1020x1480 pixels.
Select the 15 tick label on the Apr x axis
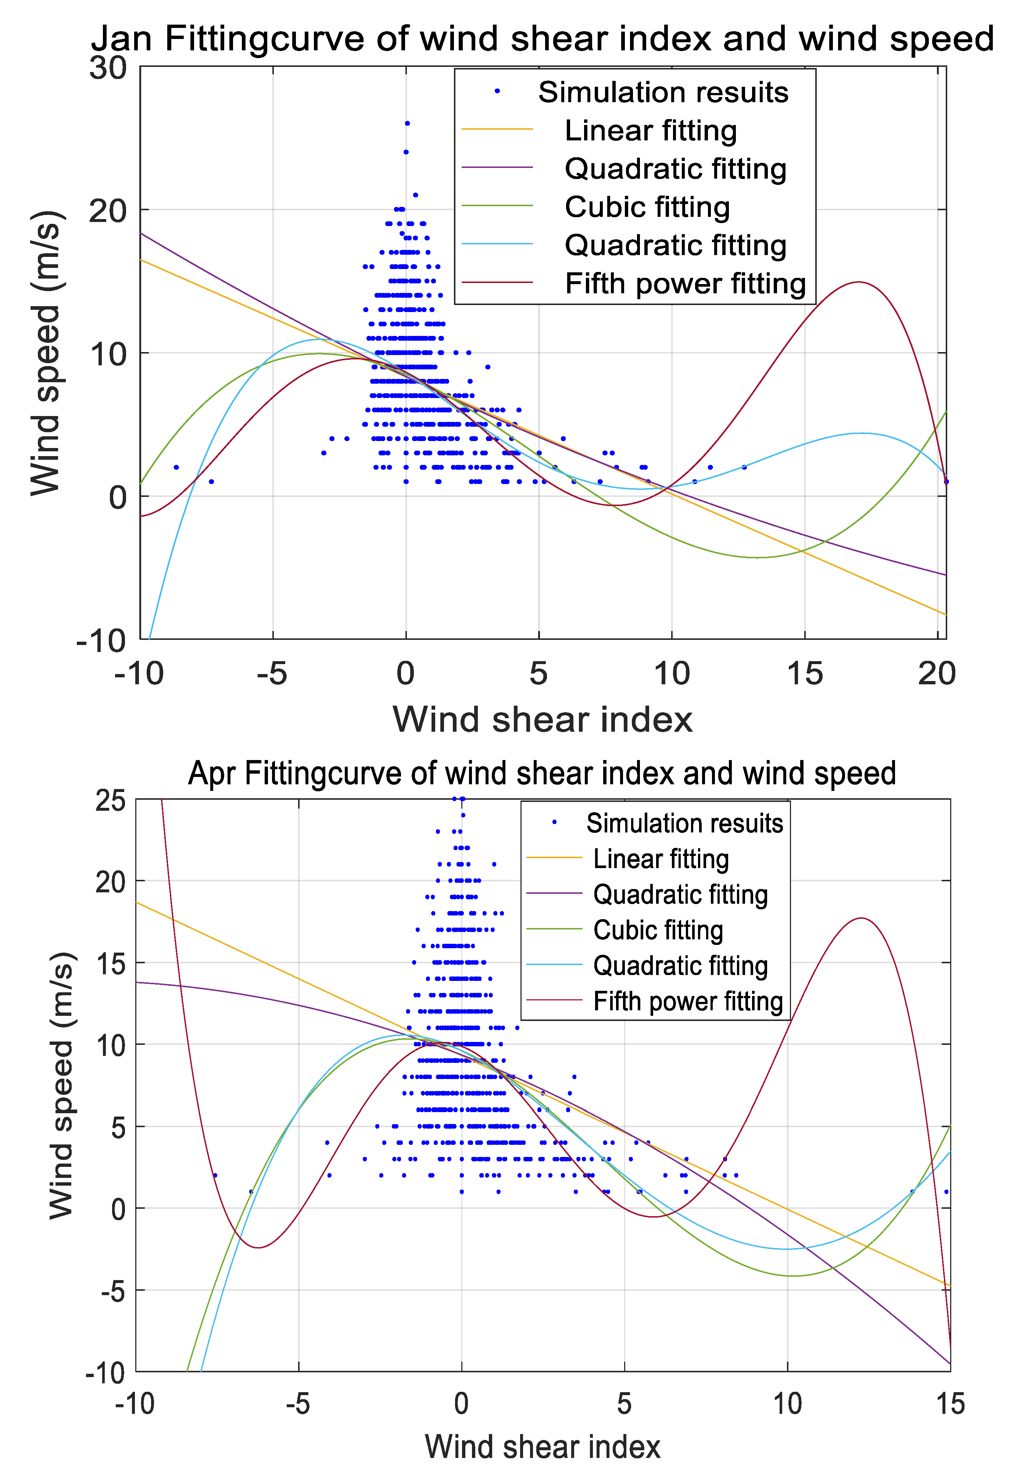tap(950, 1404)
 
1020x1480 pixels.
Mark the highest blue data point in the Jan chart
tap(407, 123)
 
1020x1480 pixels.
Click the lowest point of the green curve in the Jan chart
tap(757, 557)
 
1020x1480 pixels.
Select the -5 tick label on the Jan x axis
tap(272, 674)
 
